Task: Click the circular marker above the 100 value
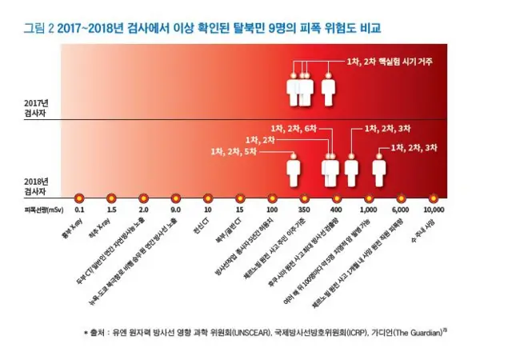pyautogui.click(x=272, y=197)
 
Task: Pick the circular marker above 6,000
pyautogui.click(x=401, y=197)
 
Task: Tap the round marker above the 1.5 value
pyautogui.click(x=111, y=197)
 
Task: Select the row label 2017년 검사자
pyautogui.click(x=37, y=109)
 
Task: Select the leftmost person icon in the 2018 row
pyautogui.click(x=294, y=170)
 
